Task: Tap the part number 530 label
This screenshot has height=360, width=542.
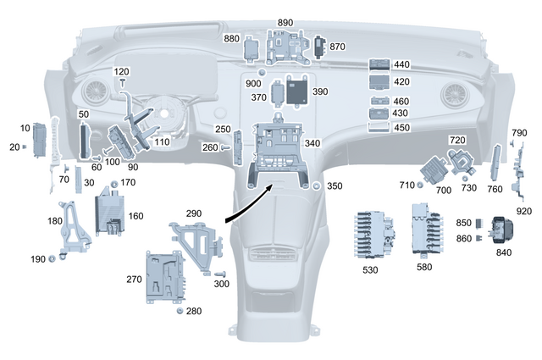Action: pos(369,269)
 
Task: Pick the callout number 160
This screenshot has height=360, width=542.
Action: pos(135,216)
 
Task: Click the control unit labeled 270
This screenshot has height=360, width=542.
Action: pos(166,276)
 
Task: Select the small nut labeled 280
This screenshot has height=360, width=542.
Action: pos(180,312)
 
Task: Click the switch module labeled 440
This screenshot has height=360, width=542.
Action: pos(379,65)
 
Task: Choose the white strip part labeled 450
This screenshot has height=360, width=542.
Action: pos(379,127)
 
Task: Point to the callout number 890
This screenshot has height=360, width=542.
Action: pos(285,21)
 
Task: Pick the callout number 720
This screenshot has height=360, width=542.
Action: pos(457,139)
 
